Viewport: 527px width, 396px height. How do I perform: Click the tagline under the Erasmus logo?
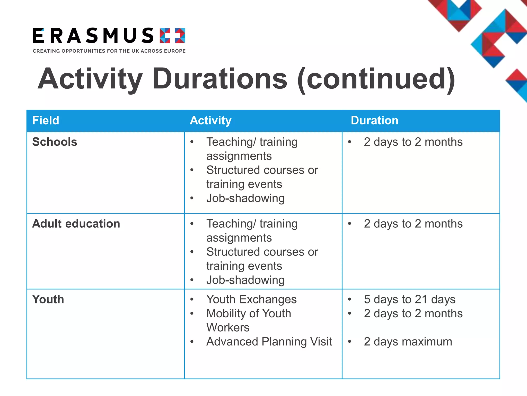[109, 51]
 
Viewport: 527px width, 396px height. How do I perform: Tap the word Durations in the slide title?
[219, 78]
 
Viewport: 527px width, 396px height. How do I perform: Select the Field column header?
[46, 120]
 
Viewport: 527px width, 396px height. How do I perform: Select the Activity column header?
[210, 120]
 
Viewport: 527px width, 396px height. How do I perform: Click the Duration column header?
[374, 120]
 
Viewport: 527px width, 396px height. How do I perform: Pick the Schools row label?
[55, 142]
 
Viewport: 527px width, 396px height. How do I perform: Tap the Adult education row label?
[76, 224]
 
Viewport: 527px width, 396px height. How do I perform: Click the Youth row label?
[48, 299]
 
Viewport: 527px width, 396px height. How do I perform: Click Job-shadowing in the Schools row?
[245, 198]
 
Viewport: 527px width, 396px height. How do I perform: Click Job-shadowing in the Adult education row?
[245, 280]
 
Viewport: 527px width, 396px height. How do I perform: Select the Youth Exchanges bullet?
[251, 299]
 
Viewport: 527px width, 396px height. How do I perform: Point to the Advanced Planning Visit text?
[269, 342]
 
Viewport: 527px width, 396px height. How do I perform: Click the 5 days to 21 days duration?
[409, 299]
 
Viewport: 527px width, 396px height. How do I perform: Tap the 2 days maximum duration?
[408, 342]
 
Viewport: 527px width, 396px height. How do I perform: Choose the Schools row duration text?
[413, 142]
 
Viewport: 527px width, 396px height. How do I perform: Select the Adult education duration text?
[413, 224]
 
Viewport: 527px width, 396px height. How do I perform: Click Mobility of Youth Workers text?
[249, 320]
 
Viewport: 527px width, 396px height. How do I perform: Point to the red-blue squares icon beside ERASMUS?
[172, 36]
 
